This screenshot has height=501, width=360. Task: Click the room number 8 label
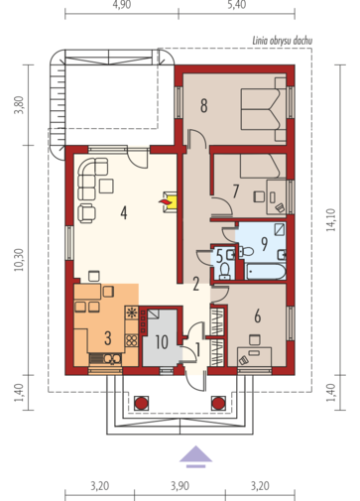(204, 105)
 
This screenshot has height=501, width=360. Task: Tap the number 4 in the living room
(124, 212)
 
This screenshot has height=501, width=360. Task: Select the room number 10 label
(162, 342)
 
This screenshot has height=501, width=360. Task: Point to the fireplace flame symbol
(165, 201)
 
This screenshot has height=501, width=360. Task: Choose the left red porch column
(141, 403)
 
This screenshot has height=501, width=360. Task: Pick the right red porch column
(218, 403)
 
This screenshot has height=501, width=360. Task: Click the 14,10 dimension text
(331, 219)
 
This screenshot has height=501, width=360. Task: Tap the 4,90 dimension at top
(121, 5)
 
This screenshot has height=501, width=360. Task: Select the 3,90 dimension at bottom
(180, 486)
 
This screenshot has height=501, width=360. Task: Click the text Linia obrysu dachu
(282, 41)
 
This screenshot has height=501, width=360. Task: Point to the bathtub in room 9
(266, 272)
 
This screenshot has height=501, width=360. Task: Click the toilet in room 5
(226, 269)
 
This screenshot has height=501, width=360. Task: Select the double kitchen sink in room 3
(113, 358)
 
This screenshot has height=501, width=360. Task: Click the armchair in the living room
(86, 213)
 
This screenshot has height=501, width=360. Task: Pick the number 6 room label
(257, 315)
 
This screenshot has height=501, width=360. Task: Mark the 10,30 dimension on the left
(19, 260)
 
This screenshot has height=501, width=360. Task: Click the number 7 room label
(235, 191)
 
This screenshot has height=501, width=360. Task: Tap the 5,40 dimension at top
(237, 5)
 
